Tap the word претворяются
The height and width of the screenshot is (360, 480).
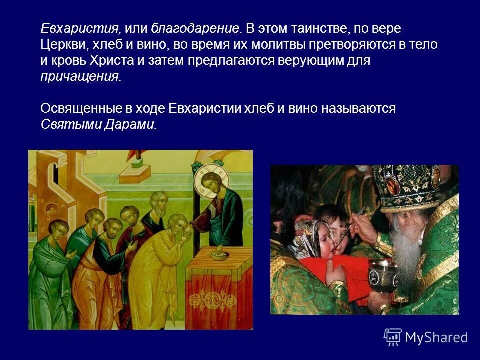(x=344, y=44)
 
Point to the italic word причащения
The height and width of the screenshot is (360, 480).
(x=80, y=77)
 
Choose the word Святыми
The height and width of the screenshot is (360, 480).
(x=70, y=124)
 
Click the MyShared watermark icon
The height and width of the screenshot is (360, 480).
(x=393, y=337)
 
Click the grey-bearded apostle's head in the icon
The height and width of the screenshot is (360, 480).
(x=159, y=201)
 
